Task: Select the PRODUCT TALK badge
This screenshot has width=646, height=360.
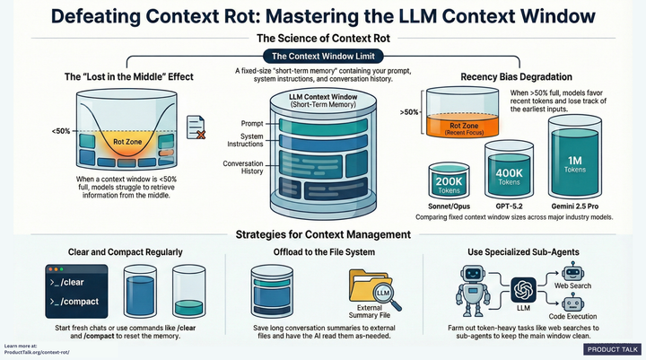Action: (x=612, y=349)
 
